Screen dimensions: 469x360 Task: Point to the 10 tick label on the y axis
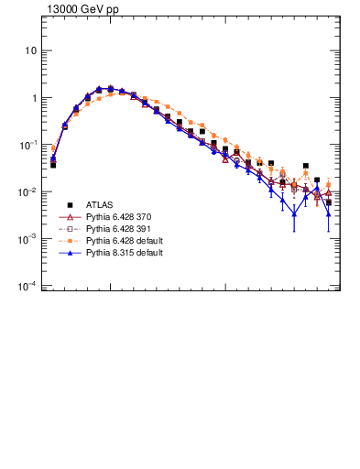(x=30, y=51)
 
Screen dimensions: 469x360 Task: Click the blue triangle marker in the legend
(x=69, y=253)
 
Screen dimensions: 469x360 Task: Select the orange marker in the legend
(x=69, y=241)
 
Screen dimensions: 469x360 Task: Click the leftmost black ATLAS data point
(x=53, y=165)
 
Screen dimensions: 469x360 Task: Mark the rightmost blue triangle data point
(x=329, y=213)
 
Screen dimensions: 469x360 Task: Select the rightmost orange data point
(x=329, y=184)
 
